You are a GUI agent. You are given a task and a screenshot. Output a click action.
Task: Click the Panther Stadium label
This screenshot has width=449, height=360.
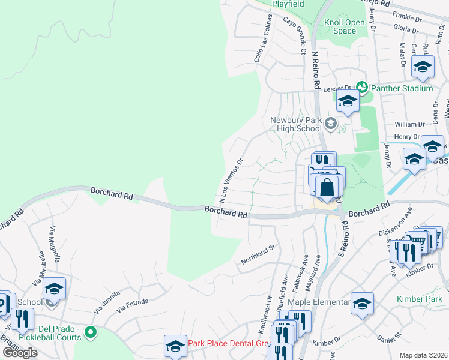(x=402, y=88)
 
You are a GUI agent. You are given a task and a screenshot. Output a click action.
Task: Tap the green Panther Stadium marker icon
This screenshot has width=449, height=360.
(x=361, y=88)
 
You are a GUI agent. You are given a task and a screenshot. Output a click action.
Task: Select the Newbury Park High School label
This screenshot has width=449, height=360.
(x=296, y=124)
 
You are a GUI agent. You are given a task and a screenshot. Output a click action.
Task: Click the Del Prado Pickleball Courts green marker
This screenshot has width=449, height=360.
(x=91, y=331)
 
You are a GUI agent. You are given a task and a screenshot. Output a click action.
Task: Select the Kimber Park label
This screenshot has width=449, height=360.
(x=418, y=298)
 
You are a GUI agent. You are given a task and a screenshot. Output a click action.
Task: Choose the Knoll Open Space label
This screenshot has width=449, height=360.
(x=345, y=26)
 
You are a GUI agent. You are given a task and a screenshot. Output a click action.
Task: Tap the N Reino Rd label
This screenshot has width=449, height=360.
(x=314, y=70)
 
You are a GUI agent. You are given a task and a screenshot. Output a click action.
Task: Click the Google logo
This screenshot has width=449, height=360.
(x=20, y=353)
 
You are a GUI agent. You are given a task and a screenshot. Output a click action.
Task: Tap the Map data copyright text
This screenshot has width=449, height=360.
(x=423, y=355)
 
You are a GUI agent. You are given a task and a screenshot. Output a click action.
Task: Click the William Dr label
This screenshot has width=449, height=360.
(x=410, y=124)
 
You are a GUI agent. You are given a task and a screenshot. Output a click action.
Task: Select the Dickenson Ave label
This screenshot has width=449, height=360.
(x=395, y=221)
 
